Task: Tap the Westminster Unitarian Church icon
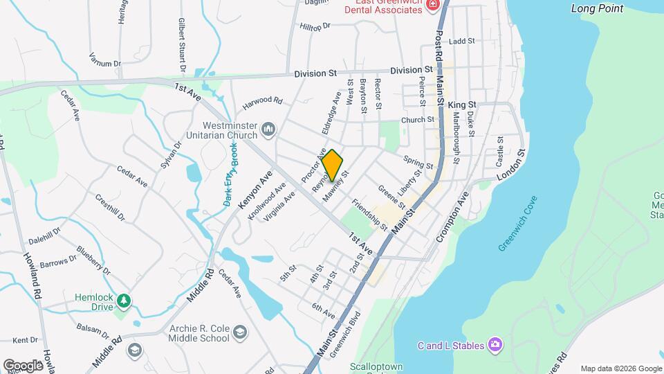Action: (x=269, y=129)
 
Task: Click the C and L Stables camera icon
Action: (x=495, y=344)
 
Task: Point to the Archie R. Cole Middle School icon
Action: (x=240, y=333)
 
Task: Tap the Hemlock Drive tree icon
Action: (x=123, y=301)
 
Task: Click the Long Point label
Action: (x=598, y=9)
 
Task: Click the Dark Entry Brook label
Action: (x=230, y=178)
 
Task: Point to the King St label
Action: (x=463, y=105)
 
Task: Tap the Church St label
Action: (x=418, y=120)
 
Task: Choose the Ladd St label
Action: (x=461, y=42)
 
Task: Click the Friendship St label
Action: (x=369, y=214)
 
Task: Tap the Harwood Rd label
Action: (x=263, y=100)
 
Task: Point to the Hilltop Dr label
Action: (x=316, y=26)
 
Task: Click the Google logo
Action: (x=23, y=365)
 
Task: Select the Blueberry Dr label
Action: (x=94, y=260)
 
